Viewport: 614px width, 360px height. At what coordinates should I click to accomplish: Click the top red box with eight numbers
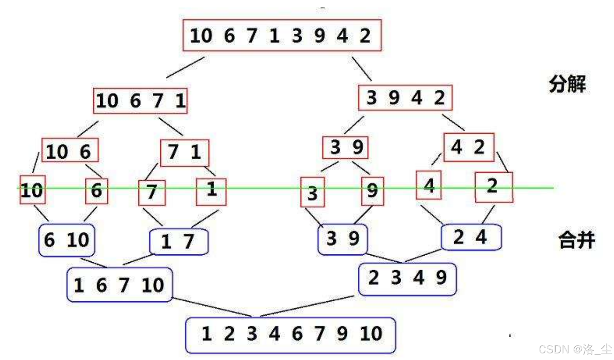pyautogui.click(x=282, y=36)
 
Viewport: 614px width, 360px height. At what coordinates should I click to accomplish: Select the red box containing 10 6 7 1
pyautogui.click(x=140, y=101)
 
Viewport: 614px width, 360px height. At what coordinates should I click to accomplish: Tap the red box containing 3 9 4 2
pyautogui.click(x=405, y=98)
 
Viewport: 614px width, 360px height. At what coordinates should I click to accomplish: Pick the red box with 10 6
pyautogui.click(x=70, y=151)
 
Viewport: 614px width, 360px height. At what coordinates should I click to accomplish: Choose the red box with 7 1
pyautogui.click(x=184, y=152)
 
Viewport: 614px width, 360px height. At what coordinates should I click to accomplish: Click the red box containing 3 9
pyautogui.click(x=345, y=147)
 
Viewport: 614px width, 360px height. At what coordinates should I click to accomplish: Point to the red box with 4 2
pyautogui.click(x=468, y=147)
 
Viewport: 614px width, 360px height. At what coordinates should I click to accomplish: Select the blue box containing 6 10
pyautogui.click(x=67, y=240)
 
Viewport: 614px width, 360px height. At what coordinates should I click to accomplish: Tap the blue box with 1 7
pyautogui.click(x=178, y=241)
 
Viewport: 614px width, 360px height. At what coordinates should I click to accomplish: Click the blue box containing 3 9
pyautogui.click(x=342, y=239)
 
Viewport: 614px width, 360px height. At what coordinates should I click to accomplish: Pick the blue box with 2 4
pyautogui.click(x=471, y=237)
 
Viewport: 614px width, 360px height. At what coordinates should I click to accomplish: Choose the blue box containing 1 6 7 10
pyautogui.click(x=119, y=285)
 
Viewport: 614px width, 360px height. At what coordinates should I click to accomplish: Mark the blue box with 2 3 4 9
pyautogui.click(x=407, y=278)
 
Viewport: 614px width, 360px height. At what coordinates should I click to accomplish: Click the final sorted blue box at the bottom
pyautogui.click(x=290, y=334)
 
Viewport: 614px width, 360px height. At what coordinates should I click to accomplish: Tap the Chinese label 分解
pyautogui.click(x=567, y=84)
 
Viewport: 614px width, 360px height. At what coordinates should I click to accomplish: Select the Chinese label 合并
pyautogui.click(x=576, y=240)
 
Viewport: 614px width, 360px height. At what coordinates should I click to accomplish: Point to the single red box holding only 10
pyautogui.click(x=32, y=190)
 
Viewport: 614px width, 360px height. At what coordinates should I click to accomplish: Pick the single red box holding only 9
pyautogui.click(x=372, y=191)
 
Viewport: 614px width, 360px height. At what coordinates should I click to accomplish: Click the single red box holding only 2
pyautogui.click(x=494, y=187)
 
